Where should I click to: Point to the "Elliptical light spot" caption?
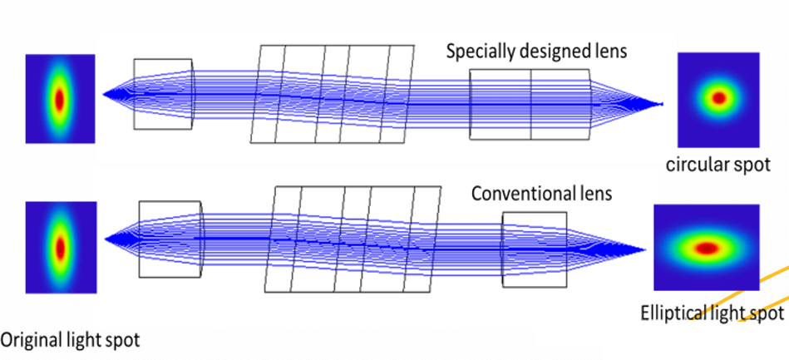click(713, 313)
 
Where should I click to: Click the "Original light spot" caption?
click(70, 339)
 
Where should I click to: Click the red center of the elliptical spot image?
click(706, 247)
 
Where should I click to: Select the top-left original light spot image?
click(60, 98)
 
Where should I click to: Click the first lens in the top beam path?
click(163, 94)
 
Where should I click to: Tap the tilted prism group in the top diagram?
click(334, 94)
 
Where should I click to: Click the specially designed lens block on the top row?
click(530, 104)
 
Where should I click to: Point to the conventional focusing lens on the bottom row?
click(535, 249)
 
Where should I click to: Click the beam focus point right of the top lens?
click(662, 105)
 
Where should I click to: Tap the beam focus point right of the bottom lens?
click(645, 249)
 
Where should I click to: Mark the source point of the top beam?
click(104, 94)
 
